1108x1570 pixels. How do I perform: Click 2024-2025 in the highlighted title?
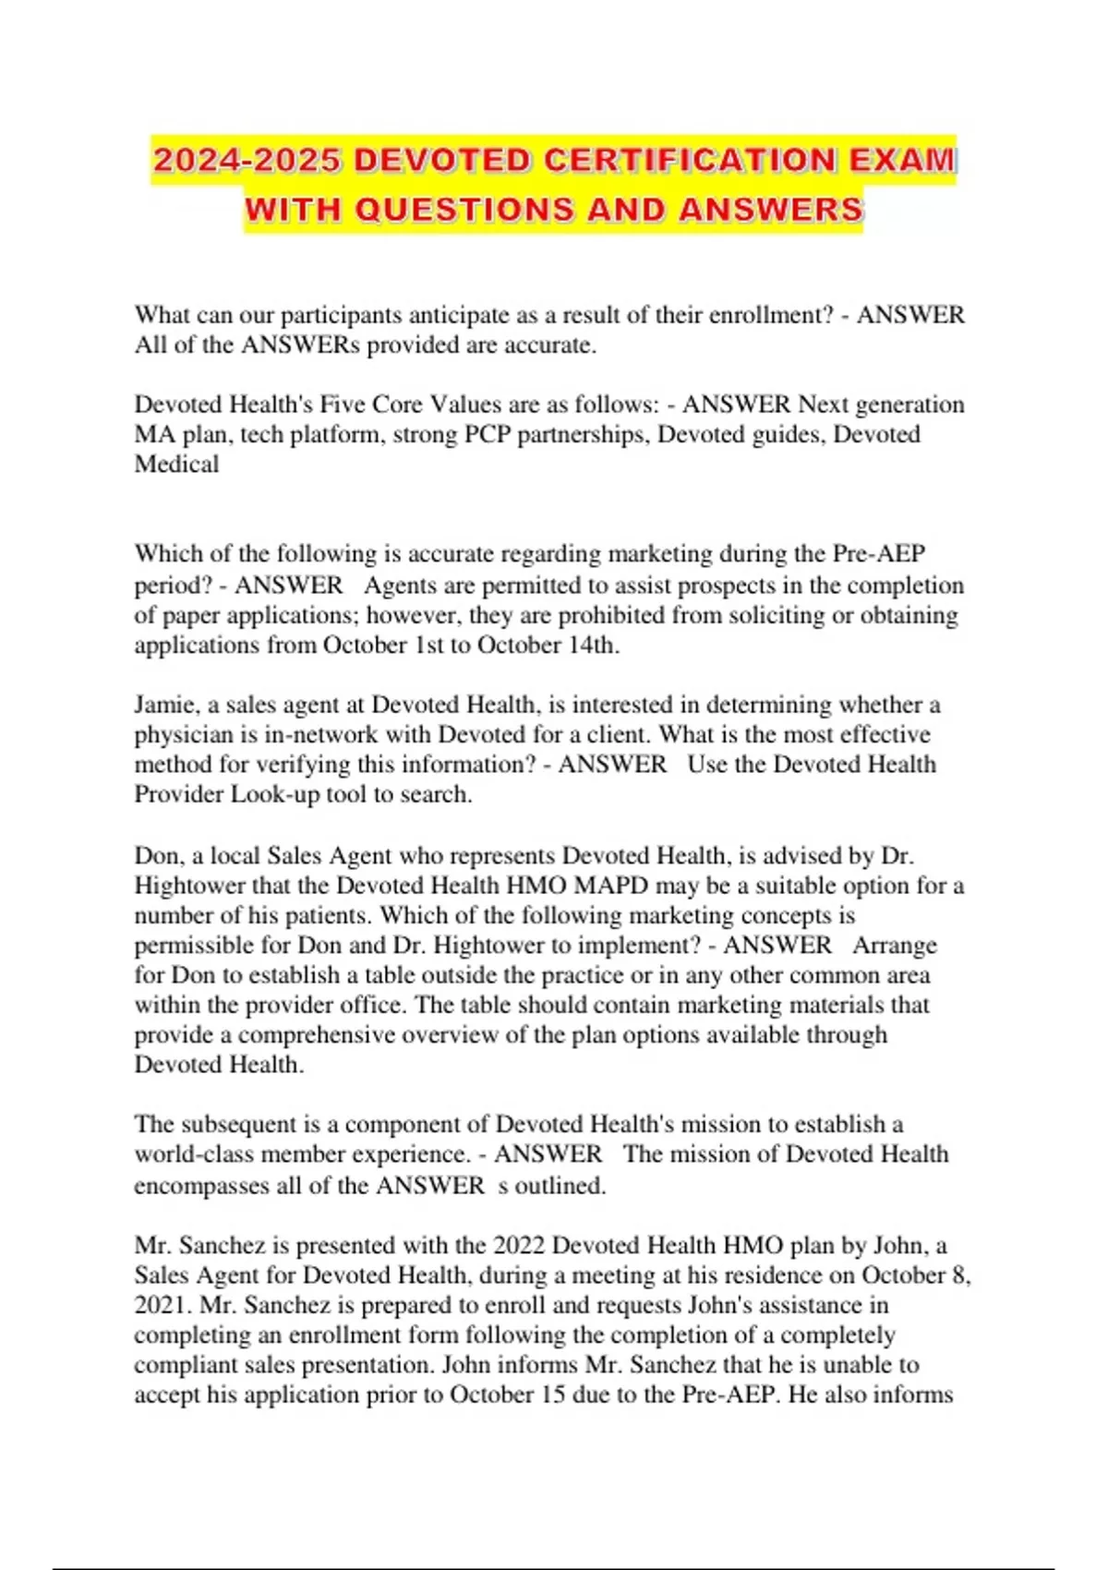(247, 161)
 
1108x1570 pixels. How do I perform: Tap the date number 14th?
(591, 645)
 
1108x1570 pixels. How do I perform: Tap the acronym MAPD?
(611, 886)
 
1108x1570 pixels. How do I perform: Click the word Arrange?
(894, 945)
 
